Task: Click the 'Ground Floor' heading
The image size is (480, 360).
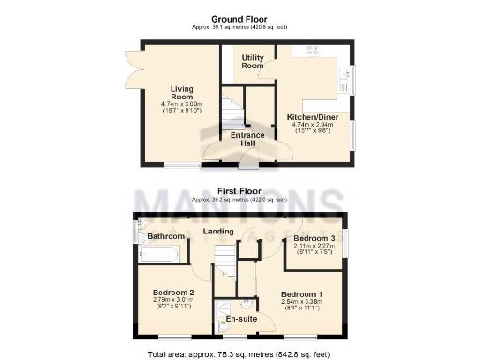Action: pyautogui.click(x=240, y=18)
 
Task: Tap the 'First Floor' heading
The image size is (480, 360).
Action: pyautogui.click(x=240, y=190)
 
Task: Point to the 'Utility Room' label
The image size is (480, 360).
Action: pyautogui.click(x=253, y=62)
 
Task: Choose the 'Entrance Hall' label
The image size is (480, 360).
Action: pyautogui.click(x=247, y=141)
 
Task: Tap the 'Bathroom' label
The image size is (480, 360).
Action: pyautogui.click(x=166, y=236)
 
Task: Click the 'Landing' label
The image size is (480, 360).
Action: pyautogui.click(x=217, y=230)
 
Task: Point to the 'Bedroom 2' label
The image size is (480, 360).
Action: pyautogui.click(x=173, y=292)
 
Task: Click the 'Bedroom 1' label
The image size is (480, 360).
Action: pyautogui.click(x=301, y=295)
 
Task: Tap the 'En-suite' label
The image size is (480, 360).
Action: pyautogui.click(x=241, y=320)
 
